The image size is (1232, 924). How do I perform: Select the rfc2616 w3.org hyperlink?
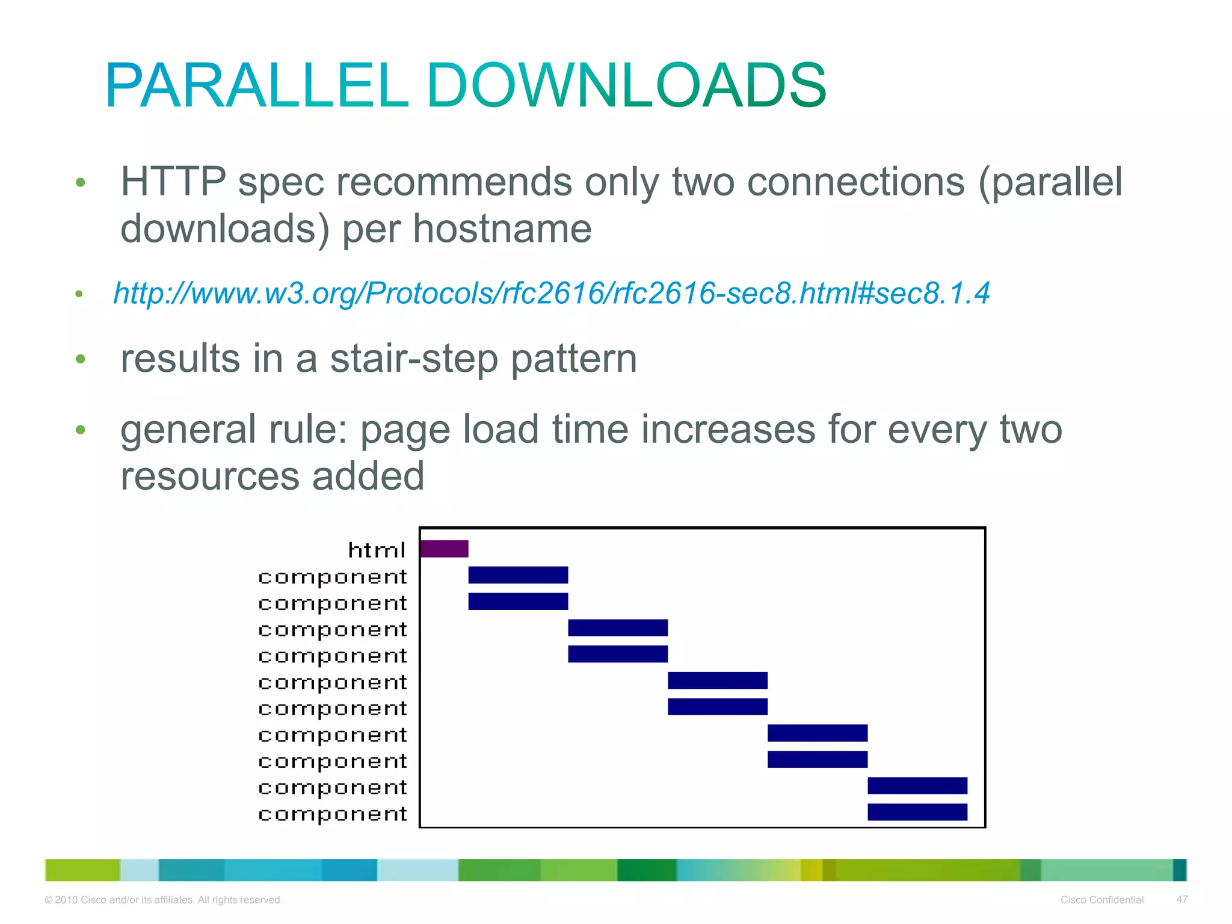click(551, 294)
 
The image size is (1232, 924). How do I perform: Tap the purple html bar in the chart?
click(444, 549)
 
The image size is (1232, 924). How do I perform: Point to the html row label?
click(377, 550)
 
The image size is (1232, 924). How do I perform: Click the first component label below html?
click(332, 577)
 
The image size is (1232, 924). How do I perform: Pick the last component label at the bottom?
click(332, 814)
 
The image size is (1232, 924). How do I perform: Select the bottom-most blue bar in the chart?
click(917, 812)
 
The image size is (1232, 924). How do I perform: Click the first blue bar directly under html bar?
click(518, 575)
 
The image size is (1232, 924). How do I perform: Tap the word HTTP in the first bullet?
click(173, 182)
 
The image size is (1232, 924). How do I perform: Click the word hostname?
click(502, 229)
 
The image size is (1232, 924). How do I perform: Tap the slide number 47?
click(1181, 899)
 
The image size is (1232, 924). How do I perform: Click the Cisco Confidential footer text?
click(1101, 900)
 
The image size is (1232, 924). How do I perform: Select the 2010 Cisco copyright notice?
click(163, 900)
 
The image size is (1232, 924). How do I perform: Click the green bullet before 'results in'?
click(81, 359)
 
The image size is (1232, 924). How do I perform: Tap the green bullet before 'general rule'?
click(81, 430)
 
